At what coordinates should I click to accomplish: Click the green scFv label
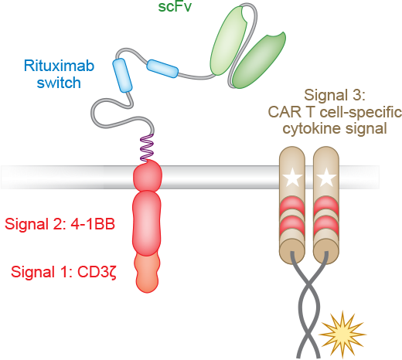tap(175, 6)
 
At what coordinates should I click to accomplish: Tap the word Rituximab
tap(59, 66)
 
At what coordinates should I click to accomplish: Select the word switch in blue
tap(59, 83)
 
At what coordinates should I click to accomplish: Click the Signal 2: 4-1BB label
tap(60, 224)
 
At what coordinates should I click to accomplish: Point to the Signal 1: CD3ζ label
tap(63, 272)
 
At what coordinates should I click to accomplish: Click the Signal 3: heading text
tap(335, 95)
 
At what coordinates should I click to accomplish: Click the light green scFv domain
tap(229, 41)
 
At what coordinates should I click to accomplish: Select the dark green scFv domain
tap(259, 60)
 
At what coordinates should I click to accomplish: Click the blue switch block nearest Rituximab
tap(122, 75)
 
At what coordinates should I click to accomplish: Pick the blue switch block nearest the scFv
tap(162, 69)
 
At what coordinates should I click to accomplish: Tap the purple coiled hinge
tap(147, 148)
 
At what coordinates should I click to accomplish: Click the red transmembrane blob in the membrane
tap(148, 176)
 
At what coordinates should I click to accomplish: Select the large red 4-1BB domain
tap(147, 223)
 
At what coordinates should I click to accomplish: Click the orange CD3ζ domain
tap(147, 273)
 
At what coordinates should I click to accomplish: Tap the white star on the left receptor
tap(292, 178)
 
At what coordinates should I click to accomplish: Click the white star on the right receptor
tap(326, 178)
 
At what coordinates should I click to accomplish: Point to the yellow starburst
tap(342, 335)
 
